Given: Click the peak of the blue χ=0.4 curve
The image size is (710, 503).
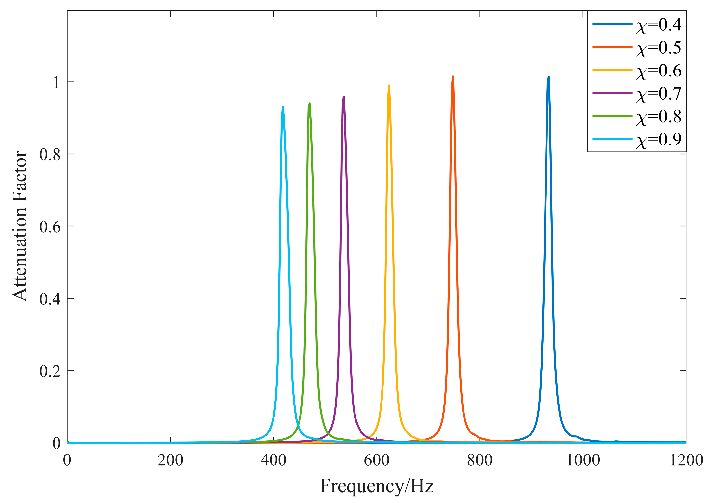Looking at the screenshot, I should [x=549, y=77].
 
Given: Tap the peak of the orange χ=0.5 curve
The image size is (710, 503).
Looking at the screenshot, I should [x=453, y=76].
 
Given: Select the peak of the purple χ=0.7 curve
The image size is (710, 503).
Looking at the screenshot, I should [x=344, y=97].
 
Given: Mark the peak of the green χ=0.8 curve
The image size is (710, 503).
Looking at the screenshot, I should [x=309, y=103].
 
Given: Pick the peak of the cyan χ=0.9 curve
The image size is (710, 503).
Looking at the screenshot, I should [x=283, y=107].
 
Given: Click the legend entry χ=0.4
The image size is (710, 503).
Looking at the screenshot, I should [x=658, y=25].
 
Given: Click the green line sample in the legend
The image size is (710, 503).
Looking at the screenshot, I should [x=612, y=116].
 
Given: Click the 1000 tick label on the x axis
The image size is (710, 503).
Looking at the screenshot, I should [x=583, y=460].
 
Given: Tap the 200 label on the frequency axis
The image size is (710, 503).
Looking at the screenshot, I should [x=170, y=460].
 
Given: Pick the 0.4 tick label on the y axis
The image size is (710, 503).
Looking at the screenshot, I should [x=50, y=299].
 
